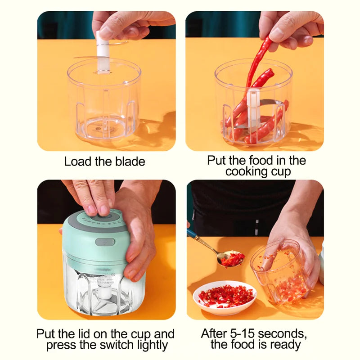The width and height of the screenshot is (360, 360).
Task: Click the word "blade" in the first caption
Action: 130,162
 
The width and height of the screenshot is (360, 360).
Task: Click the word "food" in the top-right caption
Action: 262,160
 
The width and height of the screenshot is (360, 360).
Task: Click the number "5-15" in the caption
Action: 242,333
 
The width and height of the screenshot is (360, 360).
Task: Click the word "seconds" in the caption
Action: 282,333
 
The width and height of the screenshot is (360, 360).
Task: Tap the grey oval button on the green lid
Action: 105,242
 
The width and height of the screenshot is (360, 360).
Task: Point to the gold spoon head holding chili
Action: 231,259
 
